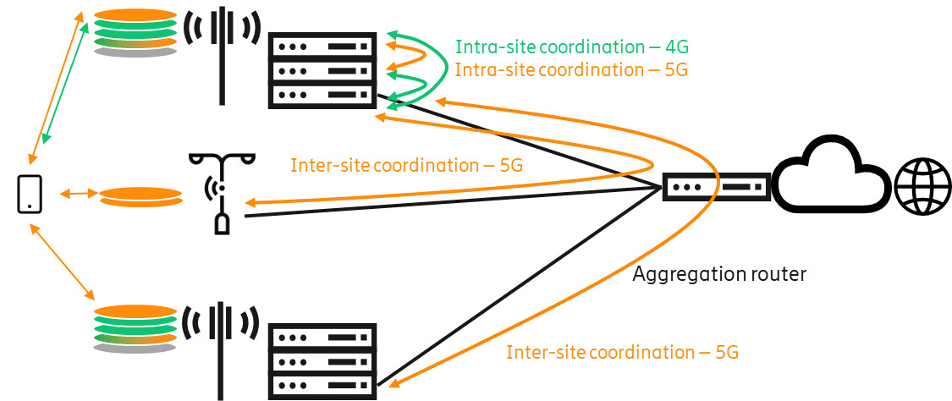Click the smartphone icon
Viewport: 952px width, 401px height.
click(x=30, y=194)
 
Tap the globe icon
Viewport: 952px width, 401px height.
click(x=921, y=188)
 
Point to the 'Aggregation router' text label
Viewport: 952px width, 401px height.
click(x=718, y=273)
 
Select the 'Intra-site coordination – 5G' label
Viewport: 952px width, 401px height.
click(x=570, y=70)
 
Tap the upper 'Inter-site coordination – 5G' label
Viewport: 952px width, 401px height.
click(x=406, y=165)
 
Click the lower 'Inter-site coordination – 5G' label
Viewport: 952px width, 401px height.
click(x=622, y=352)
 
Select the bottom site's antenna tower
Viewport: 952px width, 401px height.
click(x=222, y=347)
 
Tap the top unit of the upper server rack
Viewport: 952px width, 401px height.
click(x=322, y=46)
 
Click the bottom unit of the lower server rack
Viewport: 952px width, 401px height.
click(x=322, y=386)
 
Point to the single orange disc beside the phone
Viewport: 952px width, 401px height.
click(x=140, y=196)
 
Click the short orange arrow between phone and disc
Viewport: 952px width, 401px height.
click(x=77, y=195)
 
